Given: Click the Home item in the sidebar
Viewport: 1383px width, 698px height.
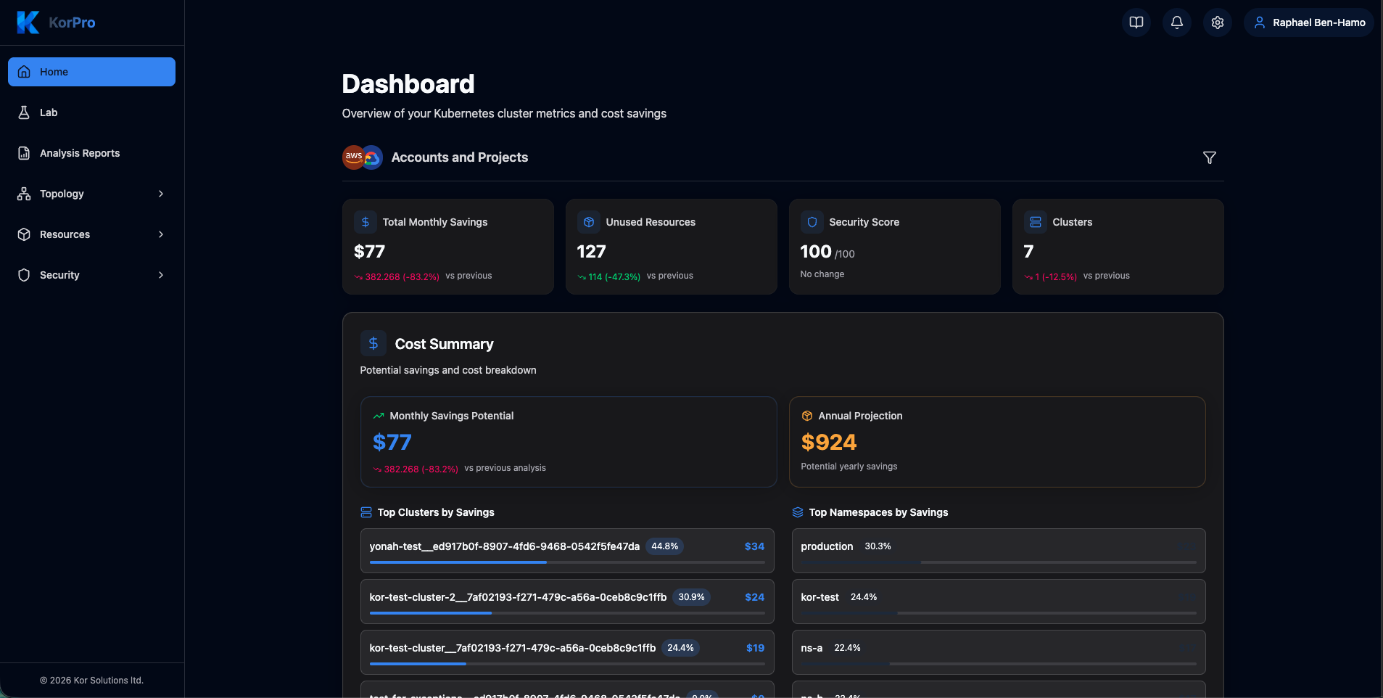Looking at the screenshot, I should (91, 72).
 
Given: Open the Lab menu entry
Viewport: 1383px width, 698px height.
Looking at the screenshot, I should (49, 112).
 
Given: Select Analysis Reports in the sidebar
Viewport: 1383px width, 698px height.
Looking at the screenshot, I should (80, 153).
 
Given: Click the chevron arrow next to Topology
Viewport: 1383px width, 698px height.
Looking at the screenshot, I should (161, 194).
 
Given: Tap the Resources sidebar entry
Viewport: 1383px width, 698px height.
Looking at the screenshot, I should (65, 234).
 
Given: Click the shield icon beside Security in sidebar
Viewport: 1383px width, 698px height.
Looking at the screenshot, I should (24, 275).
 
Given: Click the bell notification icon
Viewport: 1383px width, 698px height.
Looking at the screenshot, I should (1177, 22).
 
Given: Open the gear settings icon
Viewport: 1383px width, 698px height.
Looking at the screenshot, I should (1218, 22).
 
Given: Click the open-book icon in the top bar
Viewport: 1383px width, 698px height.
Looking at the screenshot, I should (1136, 22).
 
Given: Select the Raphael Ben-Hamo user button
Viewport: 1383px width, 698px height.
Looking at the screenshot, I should (1309, 22).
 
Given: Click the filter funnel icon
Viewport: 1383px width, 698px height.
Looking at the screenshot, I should (1210, 157).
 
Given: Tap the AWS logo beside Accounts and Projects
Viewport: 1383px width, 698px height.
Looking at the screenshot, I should (353, 157).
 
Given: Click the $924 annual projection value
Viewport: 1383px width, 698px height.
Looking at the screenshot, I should (829, 442).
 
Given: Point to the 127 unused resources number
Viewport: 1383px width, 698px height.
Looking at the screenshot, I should (591, 252).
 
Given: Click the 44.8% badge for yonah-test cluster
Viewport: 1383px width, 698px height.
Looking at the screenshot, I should (664, 546).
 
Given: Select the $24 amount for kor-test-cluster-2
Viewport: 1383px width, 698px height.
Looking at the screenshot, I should (754, 597).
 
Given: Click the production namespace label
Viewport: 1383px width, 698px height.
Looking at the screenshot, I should (827, 546).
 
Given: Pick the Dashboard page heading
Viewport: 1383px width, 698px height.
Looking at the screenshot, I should (408, 84).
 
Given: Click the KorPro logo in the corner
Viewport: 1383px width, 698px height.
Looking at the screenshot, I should (57, 22).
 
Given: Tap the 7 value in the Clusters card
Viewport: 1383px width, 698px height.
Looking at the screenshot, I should (1028, 252).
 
